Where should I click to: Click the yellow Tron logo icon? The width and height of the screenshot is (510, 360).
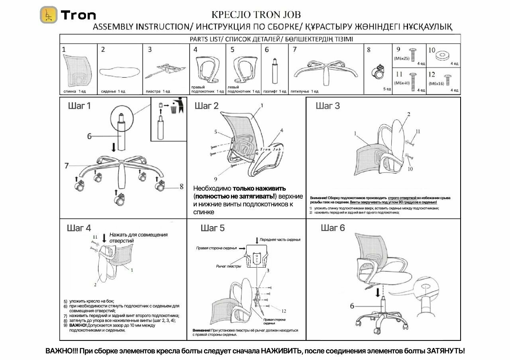[x=49, y=15]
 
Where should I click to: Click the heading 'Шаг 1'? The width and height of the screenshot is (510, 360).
[x=79, y=106]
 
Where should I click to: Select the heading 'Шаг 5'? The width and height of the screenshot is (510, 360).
[x=212, y=228]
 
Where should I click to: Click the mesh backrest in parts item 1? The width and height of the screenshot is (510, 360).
[x=78, y=70]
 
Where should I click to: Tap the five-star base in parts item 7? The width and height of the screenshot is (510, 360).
[x=325, y=70]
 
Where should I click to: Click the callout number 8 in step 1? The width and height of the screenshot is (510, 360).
[x=181, y=186]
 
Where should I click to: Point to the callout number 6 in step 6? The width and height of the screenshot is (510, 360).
[x=352, y=306]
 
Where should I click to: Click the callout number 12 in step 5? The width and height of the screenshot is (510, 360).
[x=283, y=311]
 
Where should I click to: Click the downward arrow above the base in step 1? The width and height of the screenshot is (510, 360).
[x=114, y=147]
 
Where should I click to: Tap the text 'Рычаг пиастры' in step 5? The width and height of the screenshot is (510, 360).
[x=228, y=266]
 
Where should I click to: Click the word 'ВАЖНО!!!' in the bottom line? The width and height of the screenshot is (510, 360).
[x=62, y=351]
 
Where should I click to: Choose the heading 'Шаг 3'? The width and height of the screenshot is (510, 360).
[x=328, y=106]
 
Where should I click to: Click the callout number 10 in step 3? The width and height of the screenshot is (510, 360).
[x=410, y=169]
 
